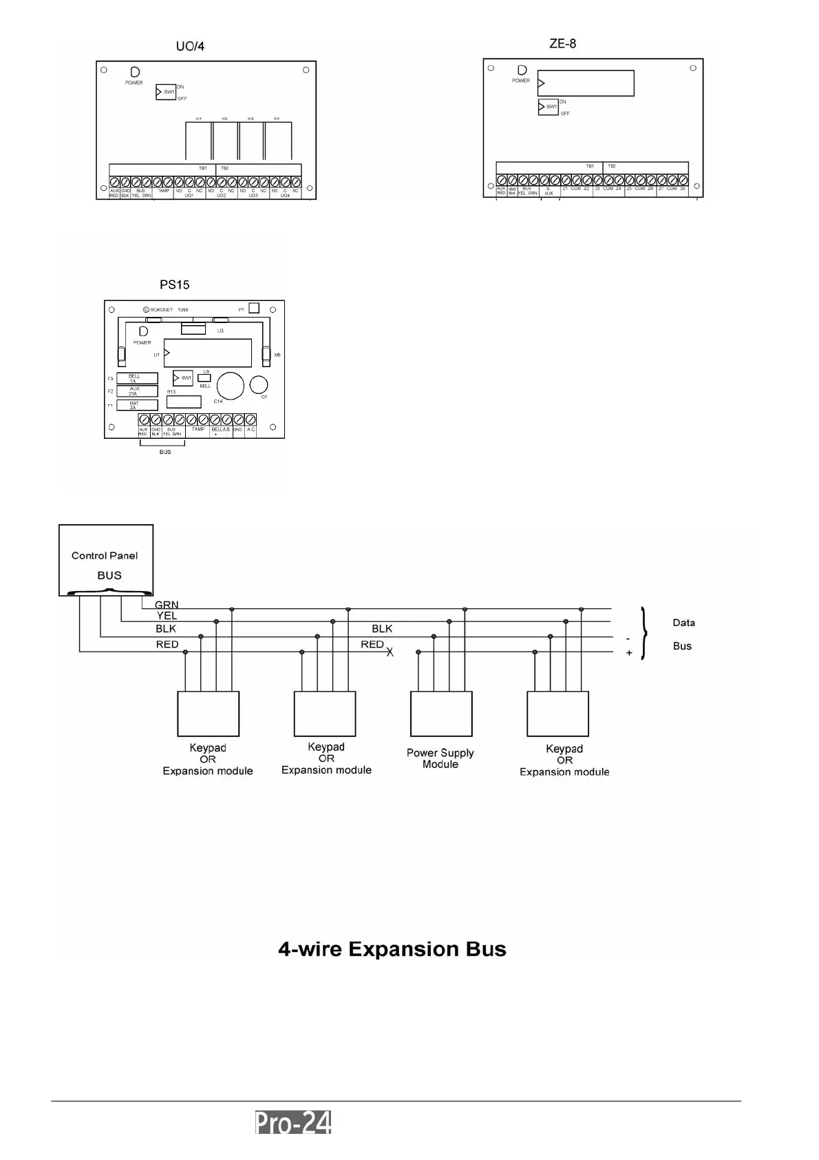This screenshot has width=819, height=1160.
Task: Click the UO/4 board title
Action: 190,47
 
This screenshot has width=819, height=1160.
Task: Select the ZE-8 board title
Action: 562,44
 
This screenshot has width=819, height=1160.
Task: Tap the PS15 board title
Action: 174,284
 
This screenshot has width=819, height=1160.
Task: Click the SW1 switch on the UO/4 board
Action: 166,92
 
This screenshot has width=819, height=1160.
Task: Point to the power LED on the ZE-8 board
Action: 522,70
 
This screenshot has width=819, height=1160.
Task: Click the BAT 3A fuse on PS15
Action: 137,405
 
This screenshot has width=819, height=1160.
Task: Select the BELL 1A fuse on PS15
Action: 137,378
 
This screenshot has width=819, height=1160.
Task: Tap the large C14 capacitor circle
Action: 231,386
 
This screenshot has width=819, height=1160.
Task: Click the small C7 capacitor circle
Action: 259,384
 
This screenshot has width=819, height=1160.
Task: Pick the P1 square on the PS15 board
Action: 254,308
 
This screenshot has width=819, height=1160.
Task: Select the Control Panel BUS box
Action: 106,560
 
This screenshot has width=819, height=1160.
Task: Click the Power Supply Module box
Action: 441,714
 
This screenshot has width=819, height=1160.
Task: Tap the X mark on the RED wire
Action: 390,652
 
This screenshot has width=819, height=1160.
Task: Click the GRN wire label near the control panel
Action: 167,605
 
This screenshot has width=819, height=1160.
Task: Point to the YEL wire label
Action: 167,616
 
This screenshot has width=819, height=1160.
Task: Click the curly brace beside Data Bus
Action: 643,634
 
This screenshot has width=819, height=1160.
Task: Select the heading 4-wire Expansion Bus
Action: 392,949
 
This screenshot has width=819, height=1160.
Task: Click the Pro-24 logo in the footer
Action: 293,1123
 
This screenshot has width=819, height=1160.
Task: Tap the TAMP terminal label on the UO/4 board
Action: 163,191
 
